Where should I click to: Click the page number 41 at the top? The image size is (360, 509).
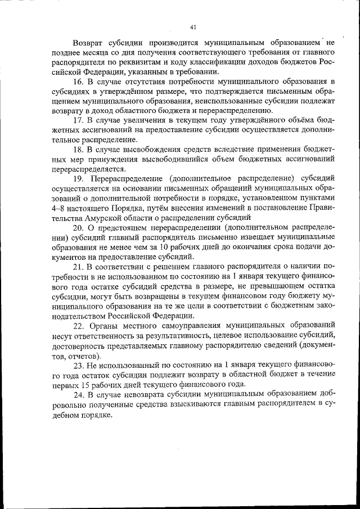[193, 26]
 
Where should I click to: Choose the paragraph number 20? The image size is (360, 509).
[79, 227]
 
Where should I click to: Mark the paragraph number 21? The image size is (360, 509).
[79, 266]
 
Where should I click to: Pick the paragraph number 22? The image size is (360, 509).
[79, 325]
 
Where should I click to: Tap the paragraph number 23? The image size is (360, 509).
[79, 364]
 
